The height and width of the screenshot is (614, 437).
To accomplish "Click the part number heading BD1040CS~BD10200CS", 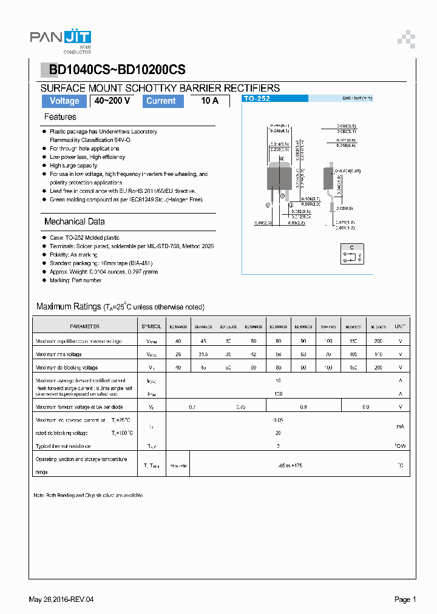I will [117, 70].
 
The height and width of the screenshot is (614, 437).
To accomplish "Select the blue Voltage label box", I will [64, 101].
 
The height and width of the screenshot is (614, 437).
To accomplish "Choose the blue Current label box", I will [161, 101].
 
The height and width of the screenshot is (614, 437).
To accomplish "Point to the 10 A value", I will [209, 101].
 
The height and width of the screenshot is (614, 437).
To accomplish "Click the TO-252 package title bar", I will [275, 98].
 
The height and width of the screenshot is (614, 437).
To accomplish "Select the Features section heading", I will [60, 116].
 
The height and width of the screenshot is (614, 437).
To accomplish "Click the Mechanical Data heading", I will [74, 221].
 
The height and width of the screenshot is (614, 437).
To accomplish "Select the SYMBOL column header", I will [152, 326].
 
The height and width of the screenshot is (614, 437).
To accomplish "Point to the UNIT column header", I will [400, 326].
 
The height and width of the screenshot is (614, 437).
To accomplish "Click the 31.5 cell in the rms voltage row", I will [203, 354].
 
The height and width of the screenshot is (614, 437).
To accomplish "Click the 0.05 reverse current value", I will [279, 420].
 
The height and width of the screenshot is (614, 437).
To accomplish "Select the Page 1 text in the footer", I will [405, 599].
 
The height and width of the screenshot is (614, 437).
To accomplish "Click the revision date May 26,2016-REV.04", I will [61, 599].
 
